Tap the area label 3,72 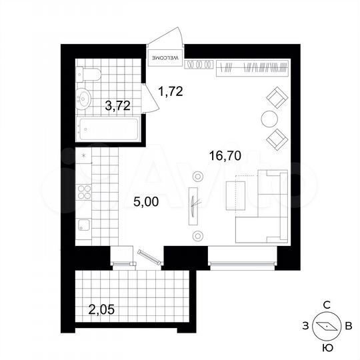[118, 105]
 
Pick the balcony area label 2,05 [103, 308]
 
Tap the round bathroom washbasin [85, 99]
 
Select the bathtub [109, 129]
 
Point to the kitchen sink [84, 227]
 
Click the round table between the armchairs [269, 119]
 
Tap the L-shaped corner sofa [267, 213]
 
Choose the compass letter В [349, 326]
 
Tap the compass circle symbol [327, 327]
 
